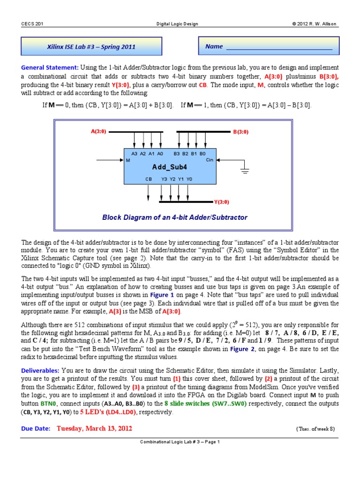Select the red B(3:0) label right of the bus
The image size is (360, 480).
point(241,132)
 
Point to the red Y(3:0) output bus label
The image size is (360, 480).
point(221,202)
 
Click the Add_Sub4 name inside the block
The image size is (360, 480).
point(169,167)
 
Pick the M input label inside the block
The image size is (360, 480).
point(128,160)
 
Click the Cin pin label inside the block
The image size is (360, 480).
point(210,160)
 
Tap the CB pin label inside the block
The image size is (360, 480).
point(149,179)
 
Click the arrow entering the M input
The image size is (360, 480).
point(110,160)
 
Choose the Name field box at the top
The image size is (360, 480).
point(269,47)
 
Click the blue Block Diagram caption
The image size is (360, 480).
point(174,217)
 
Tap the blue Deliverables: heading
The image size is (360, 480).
point(39,370)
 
